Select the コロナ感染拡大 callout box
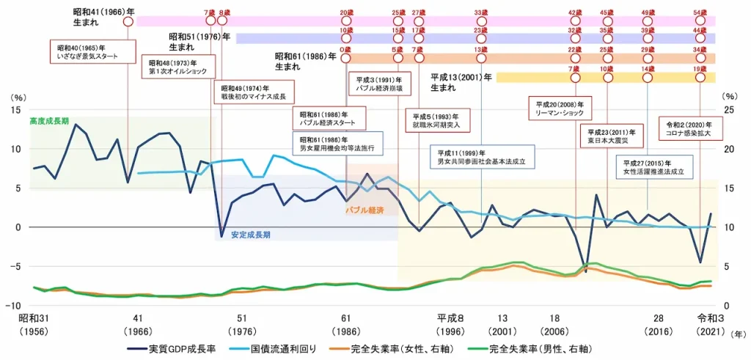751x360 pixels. pos(690,128)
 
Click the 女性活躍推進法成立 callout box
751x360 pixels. pos(653,167)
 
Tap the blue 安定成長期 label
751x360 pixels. pos(251,235)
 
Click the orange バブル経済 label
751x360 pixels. pos(364,210)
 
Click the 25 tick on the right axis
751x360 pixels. pos(728,109)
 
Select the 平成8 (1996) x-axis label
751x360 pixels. pos(450,323)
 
